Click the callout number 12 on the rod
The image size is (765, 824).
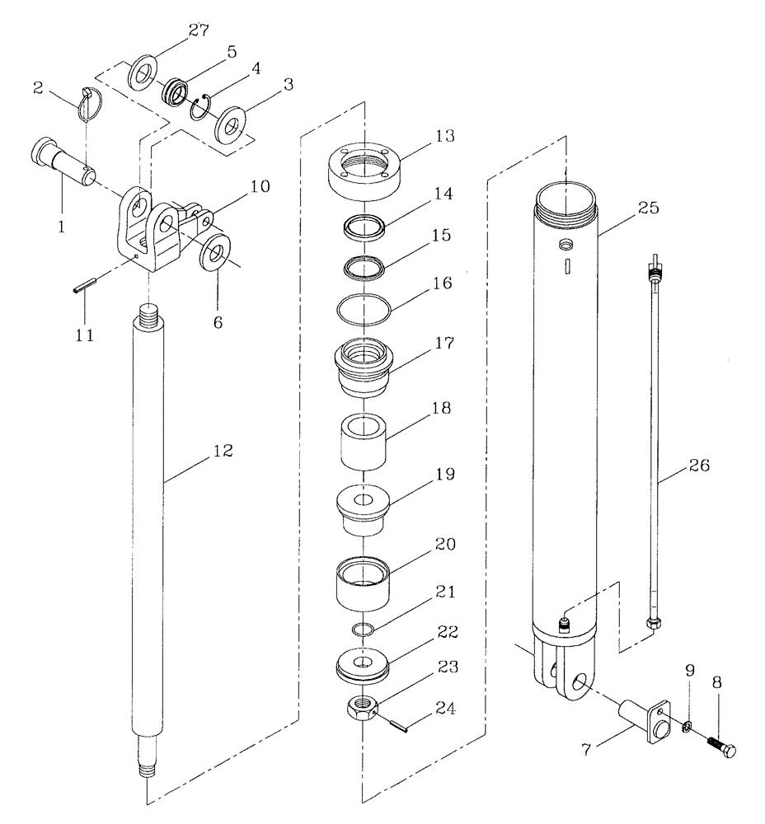coord(223,452)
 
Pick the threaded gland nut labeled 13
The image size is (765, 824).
coord(363,171)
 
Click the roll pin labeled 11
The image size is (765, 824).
coord(82,288)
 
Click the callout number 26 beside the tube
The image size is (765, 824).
coord(699,466)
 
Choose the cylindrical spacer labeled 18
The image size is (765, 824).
coord(363,442)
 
